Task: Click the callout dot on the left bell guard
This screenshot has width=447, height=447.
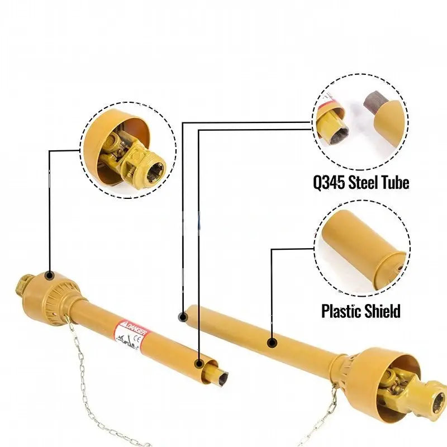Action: pos(49,275)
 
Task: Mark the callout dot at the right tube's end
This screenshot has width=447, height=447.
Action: pos(183,317)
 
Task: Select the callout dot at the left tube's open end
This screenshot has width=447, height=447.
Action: pos(199,364)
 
